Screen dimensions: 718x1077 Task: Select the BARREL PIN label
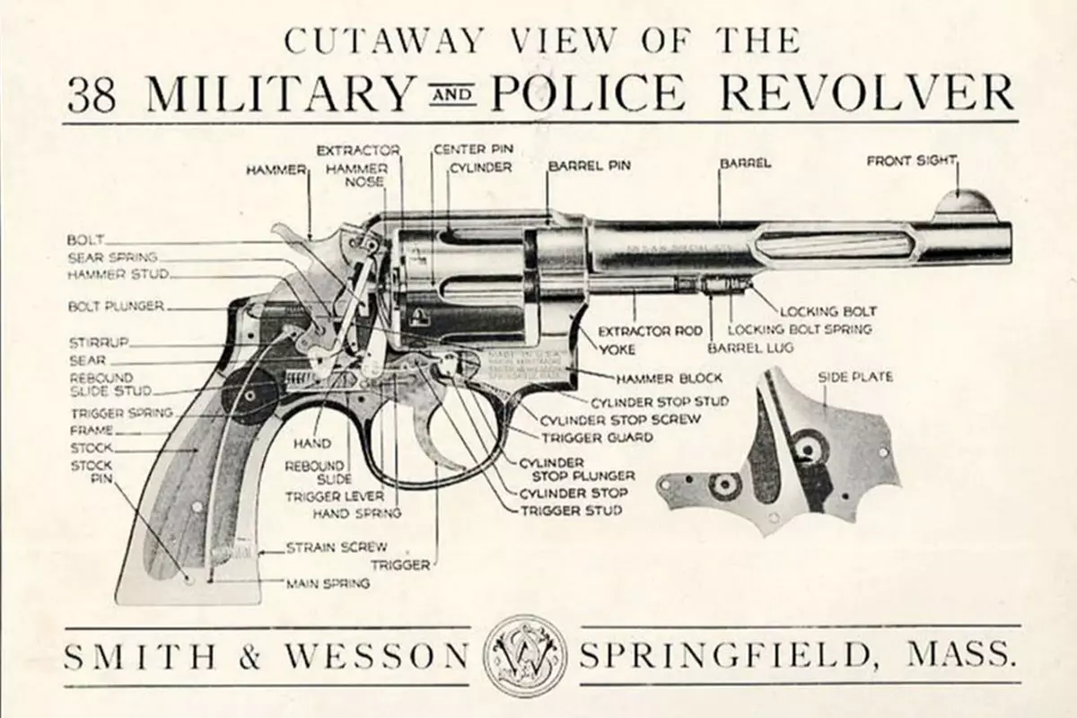[589, 166]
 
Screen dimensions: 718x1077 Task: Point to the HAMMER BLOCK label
[669, 378]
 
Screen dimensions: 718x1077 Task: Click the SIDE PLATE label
[854, 378]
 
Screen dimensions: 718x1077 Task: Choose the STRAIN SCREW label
[337, 547]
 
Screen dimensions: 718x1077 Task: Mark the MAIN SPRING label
[328, 582]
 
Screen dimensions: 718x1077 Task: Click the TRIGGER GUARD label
[596, 438]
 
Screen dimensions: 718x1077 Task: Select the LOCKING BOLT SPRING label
[799, 329]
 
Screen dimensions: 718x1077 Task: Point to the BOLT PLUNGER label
[115, 306]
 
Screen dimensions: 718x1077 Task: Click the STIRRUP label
[99, 342]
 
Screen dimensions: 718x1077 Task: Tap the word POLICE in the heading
[591, 93]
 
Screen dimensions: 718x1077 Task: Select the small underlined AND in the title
[452, 94]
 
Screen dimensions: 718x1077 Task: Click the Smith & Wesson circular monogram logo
[525, 655]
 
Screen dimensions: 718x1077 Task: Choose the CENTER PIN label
[473, 148]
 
